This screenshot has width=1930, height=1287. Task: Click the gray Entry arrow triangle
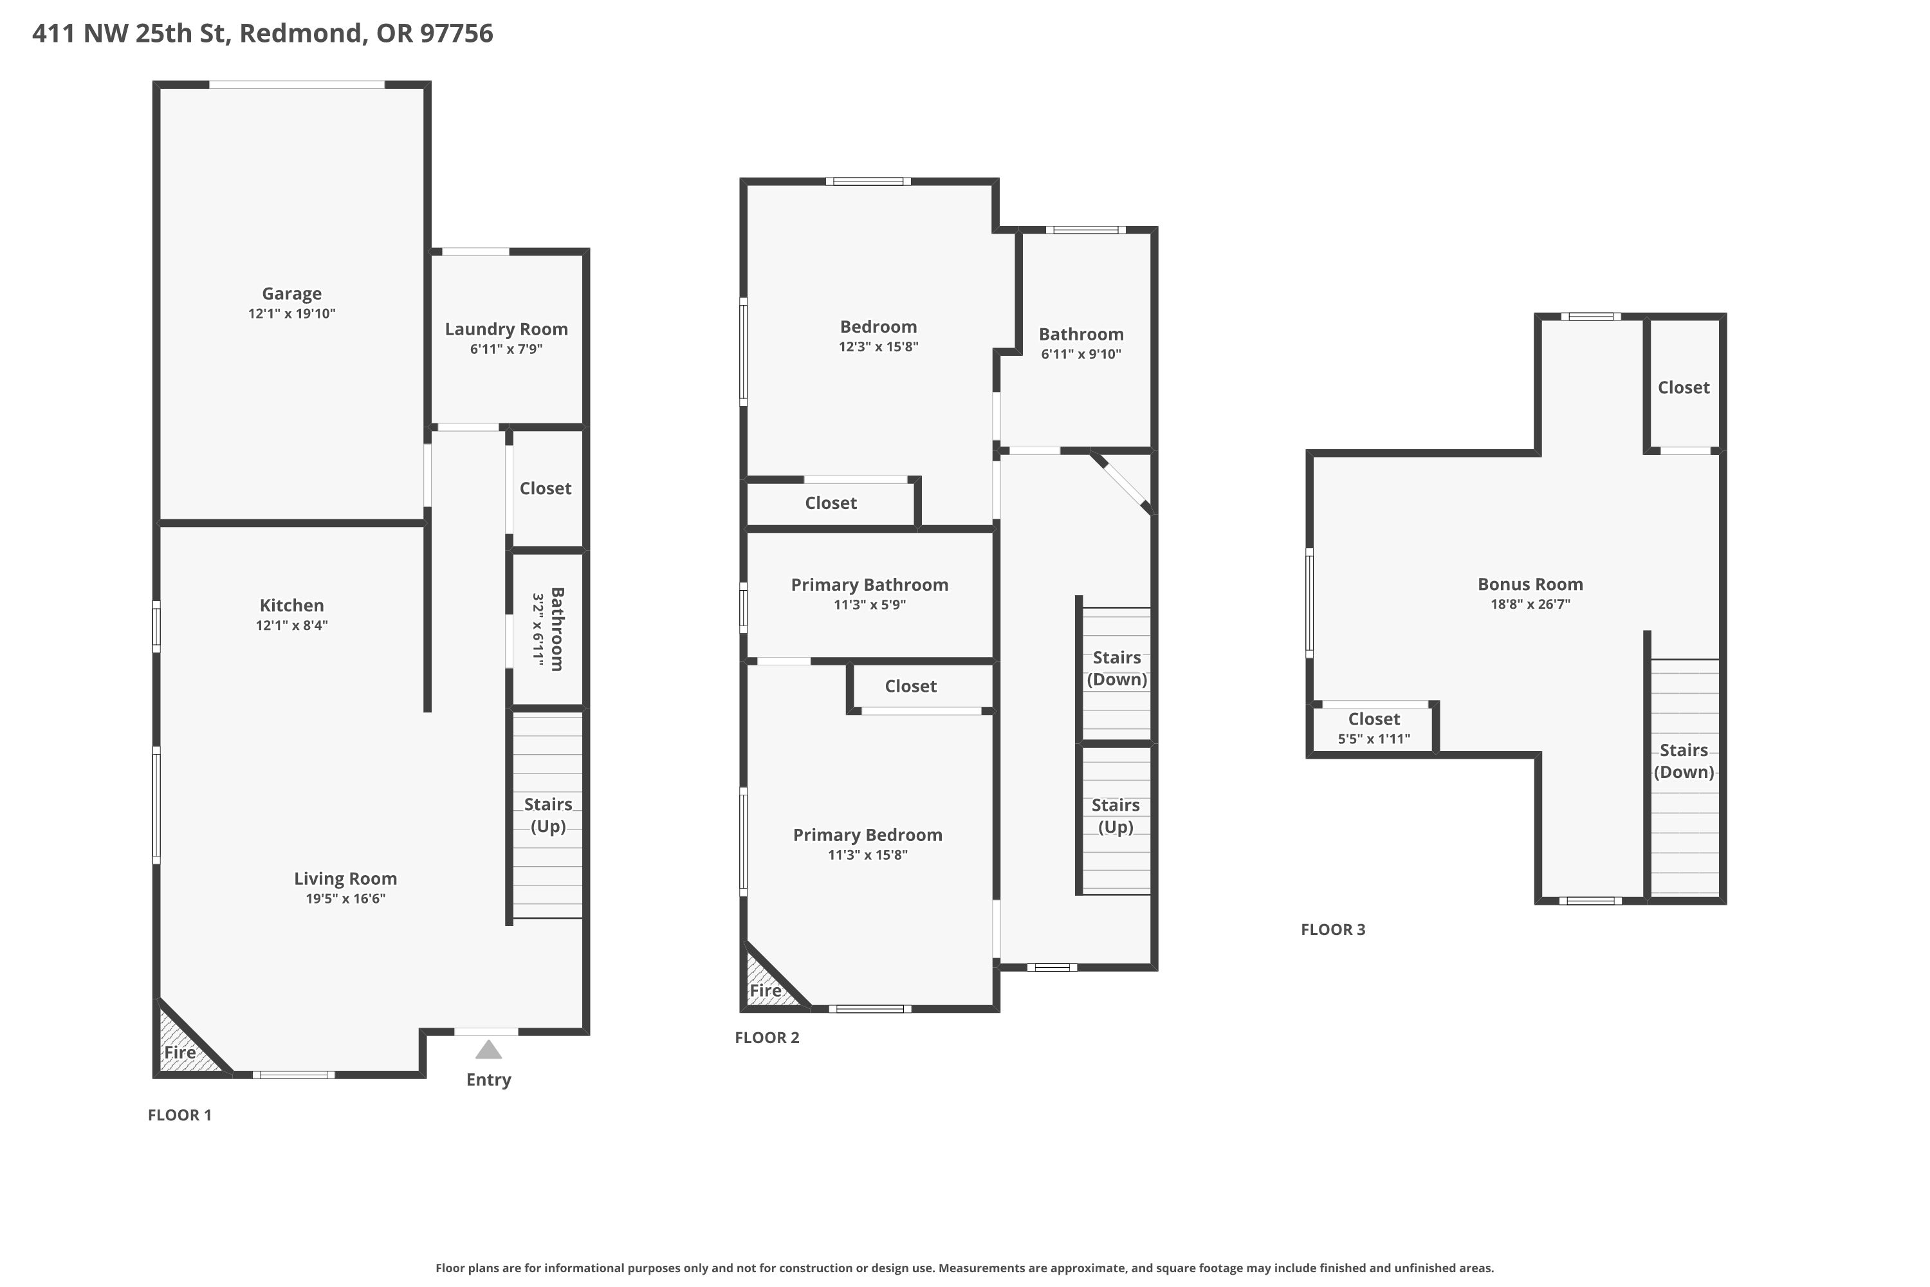pos(488,1050)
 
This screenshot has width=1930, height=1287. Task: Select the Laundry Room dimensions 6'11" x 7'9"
pos(506,349)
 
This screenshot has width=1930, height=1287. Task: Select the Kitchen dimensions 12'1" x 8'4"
pos(291,625)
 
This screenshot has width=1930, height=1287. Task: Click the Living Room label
pos(345,878)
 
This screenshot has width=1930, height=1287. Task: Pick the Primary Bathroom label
pos(869,584)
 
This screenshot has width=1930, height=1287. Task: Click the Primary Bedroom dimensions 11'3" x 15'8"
pos(867,855)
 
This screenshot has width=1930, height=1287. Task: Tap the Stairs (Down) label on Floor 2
pos(1116,668)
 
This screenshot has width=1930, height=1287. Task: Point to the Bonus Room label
pos(1530,584)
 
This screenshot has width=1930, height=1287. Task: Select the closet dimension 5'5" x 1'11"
pos(1374,739)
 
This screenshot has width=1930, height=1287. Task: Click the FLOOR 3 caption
pos(1332,929)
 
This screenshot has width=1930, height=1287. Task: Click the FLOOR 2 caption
pos(766,1037)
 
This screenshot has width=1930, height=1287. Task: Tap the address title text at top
pos(262,33)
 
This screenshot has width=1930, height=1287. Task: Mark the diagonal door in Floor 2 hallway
pos(1123,485)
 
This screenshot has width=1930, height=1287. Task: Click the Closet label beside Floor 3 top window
pos(1683,387)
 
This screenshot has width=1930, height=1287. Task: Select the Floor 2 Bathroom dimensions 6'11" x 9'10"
pos(1081,355)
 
